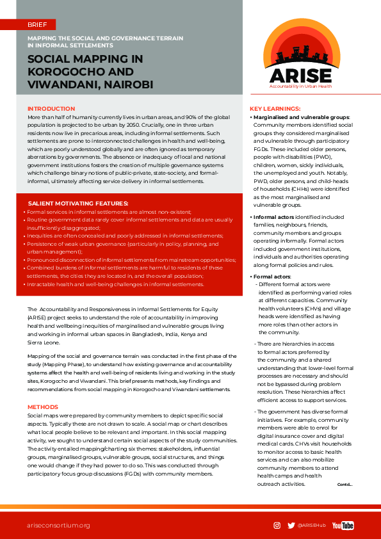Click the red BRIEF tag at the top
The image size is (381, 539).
point(36,24)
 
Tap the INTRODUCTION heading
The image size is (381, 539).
point(51,109)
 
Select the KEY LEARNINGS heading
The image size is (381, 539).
point(275,109)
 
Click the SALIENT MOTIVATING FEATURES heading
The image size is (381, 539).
point(77,203)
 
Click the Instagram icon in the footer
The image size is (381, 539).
point(277,526)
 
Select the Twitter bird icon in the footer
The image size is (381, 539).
point(291,526)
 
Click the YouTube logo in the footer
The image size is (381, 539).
point(343,526)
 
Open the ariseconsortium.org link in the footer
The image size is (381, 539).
point(58,526)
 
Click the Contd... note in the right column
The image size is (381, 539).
point(345,485)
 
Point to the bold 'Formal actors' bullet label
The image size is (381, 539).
point(272,276)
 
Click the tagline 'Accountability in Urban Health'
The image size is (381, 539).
point(300,86)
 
